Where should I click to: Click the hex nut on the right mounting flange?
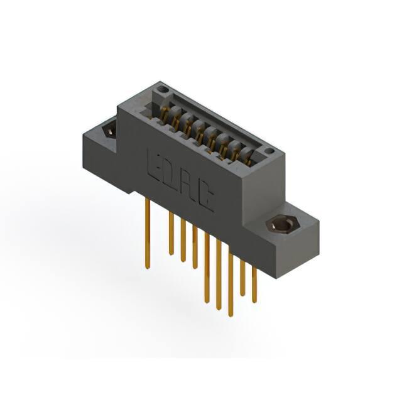pos(282,225)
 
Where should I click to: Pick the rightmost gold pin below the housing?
pos(254,285)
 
